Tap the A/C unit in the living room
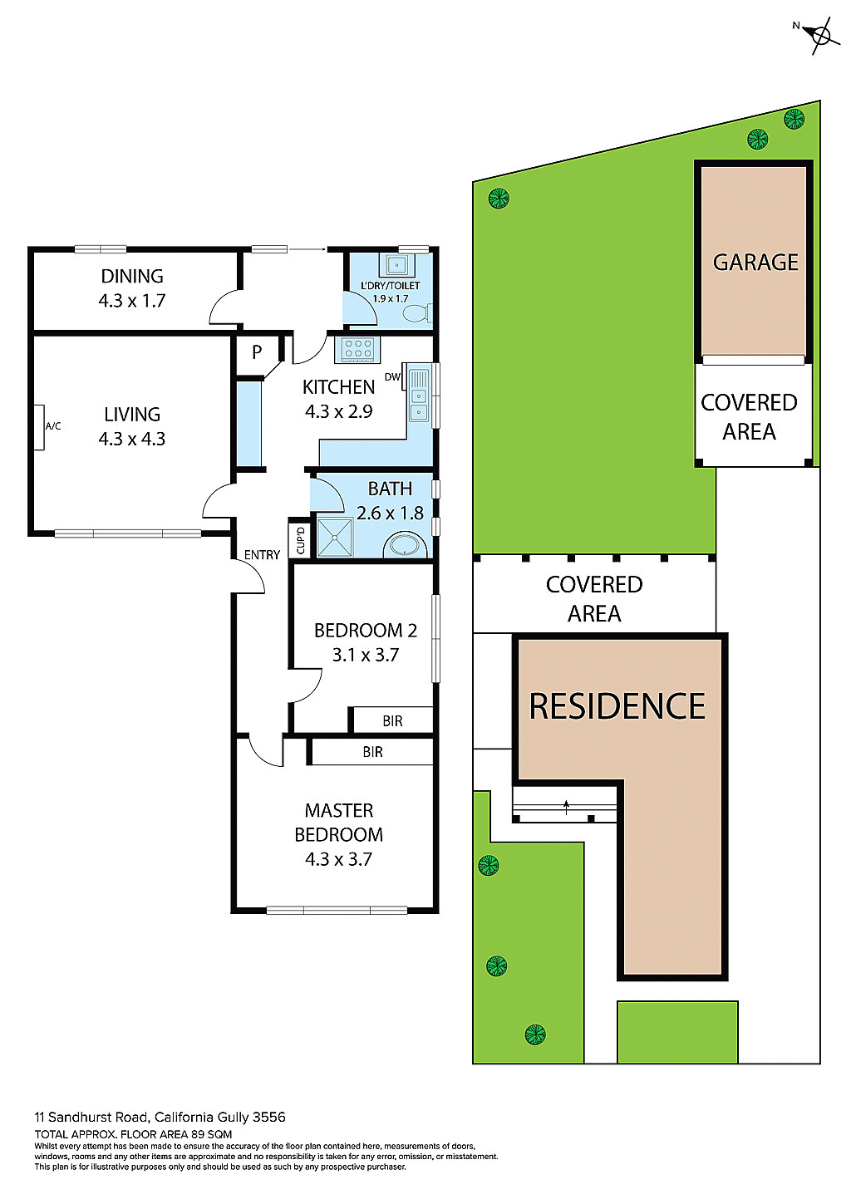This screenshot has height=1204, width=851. (x=39, y=427)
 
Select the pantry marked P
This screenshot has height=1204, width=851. (x=257, y=352)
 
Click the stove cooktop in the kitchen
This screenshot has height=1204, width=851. (x=357, y=349)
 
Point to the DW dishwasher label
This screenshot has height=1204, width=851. (x=392, y=377)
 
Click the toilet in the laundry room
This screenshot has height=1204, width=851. (x=416, y=313)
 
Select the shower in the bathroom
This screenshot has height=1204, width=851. (x=336, y=538)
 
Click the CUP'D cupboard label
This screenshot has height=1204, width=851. (x=300, y=540)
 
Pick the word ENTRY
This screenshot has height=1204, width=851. (x=262, y=555)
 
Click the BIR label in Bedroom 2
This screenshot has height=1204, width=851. (x=393, y=721)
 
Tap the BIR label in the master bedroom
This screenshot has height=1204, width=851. (x=372, y=752)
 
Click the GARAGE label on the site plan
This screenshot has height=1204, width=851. (x=755, y=263)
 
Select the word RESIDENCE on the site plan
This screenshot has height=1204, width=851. (x=617, y=707)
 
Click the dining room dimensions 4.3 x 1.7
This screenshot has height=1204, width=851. (x=132, y=301)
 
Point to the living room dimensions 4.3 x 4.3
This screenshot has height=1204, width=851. (x=132, y=439)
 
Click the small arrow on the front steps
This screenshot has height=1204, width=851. (x=566, y=805)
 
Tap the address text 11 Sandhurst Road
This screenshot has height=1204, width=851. (x=91, y=1118)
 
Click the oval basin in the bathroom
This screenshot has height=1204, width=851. (x=406, y=547)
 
